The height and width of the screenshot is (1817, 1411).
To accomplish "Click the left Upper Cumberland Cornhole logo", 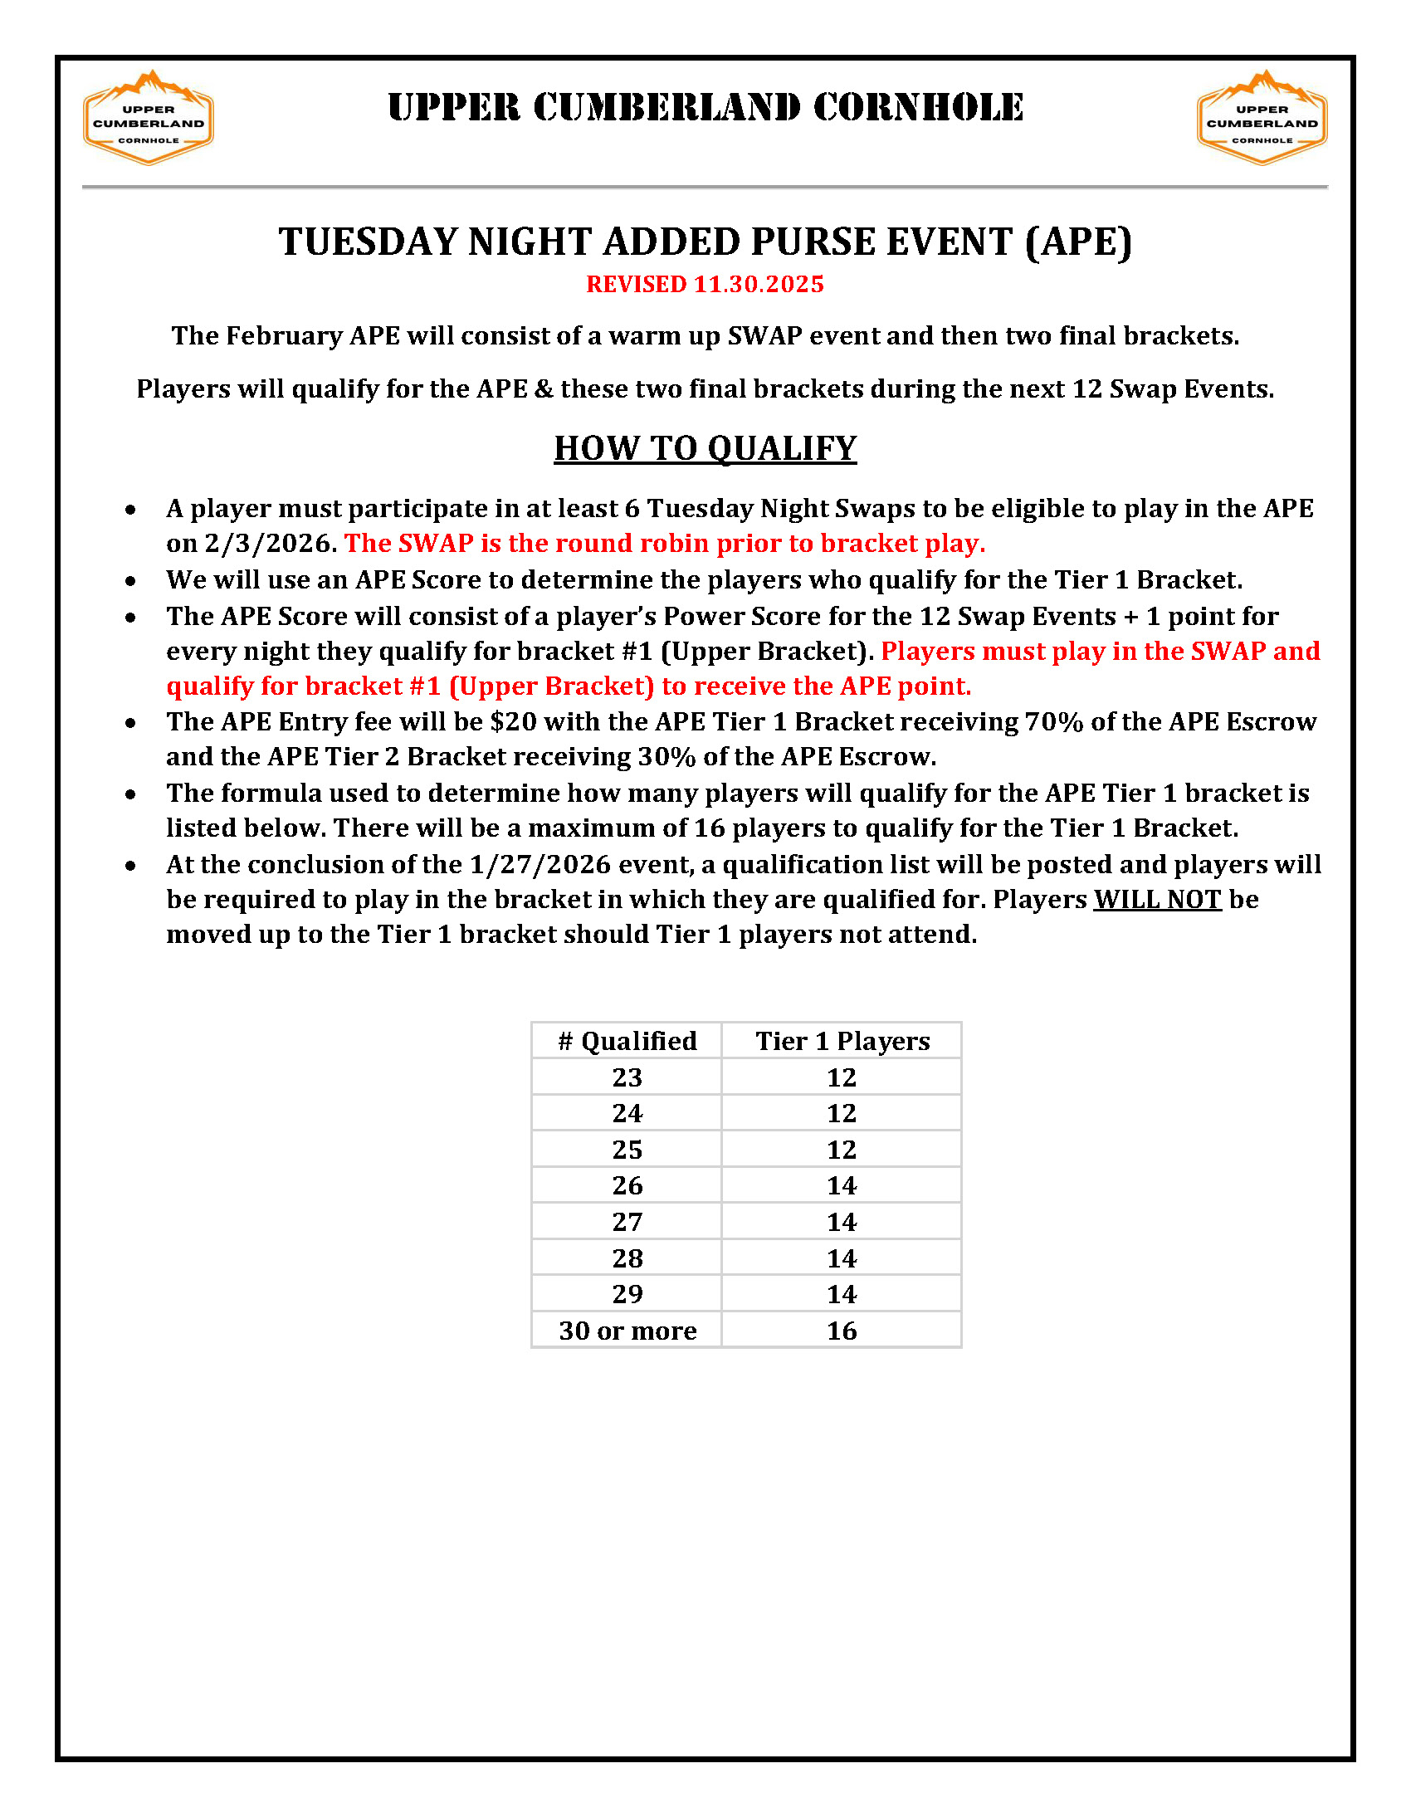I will pos(148,117).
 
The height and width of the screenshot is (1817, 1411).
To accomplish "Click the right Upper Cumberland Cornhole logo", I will pos(1262,117).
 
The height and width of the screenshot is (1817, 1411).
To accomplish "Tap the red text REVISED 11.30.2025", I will pos(705,285).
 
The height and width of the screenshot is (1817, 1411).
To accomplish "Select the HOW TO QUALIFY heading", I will pos(705,448).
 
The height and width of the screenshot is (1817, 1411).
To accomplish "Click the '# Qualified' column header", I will pos(627,1041).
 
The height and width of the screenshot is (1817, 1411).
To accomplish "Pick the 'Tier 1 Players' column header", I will pos(842,1041).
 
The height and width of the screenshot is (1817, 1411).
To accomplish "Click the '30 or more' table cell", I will pos(627,1331).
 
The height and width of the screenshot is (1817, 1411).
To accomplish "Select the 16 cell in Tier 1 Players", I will pos(842,1331).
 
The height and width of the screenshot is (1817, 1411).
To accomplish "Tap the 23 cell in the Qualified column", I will pos(627,1077).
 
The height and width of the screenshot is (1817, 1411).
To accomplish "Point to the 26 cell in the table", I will pos(627,1185).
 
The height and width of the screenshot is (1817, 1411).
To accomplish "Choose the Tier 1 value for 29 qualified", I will pos(842,1295).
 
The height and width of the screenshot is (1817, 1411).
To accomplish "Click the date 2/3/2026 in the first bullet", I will pos(268,543).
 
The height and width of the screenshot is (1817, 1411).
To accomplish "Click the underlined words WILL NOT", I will pos(1156,899).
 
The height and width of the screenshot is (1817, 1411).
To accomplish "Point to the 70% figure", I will pos(1053,721).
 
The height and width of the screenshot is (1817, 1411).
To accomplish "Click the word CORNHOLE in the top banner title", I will pos(918,108).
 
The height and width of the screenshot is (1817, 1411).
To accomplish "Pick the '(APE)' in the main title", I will pos(1078,242).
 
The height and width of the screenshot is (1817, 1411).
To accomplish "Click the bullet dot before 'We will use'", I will pos(130,581).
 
